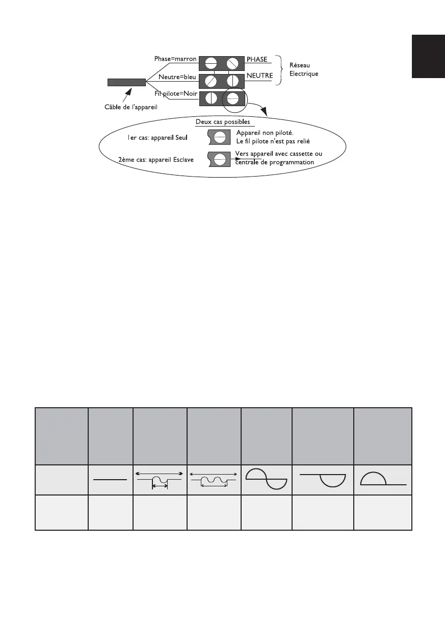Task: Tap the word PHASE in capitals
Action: tap(257, 60)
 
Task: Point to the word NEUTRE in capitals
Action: tap(259, 77)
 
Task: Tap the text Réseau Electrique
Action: tap(303, 69)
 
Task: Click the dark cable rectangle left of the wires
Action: tap(126, 82)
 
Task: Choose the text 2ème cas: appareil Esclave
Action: tap(155, 159)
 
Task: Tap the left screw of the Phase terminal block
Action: tap(212, 64)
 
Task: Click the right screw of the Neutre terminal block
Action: tap(233, 81)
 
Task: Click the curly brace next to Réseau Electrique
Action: tap(279, 70)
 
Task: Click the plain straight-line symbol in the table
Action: tap(110, 479)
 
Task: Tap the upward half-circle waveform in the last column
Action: tap(383, 478)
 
